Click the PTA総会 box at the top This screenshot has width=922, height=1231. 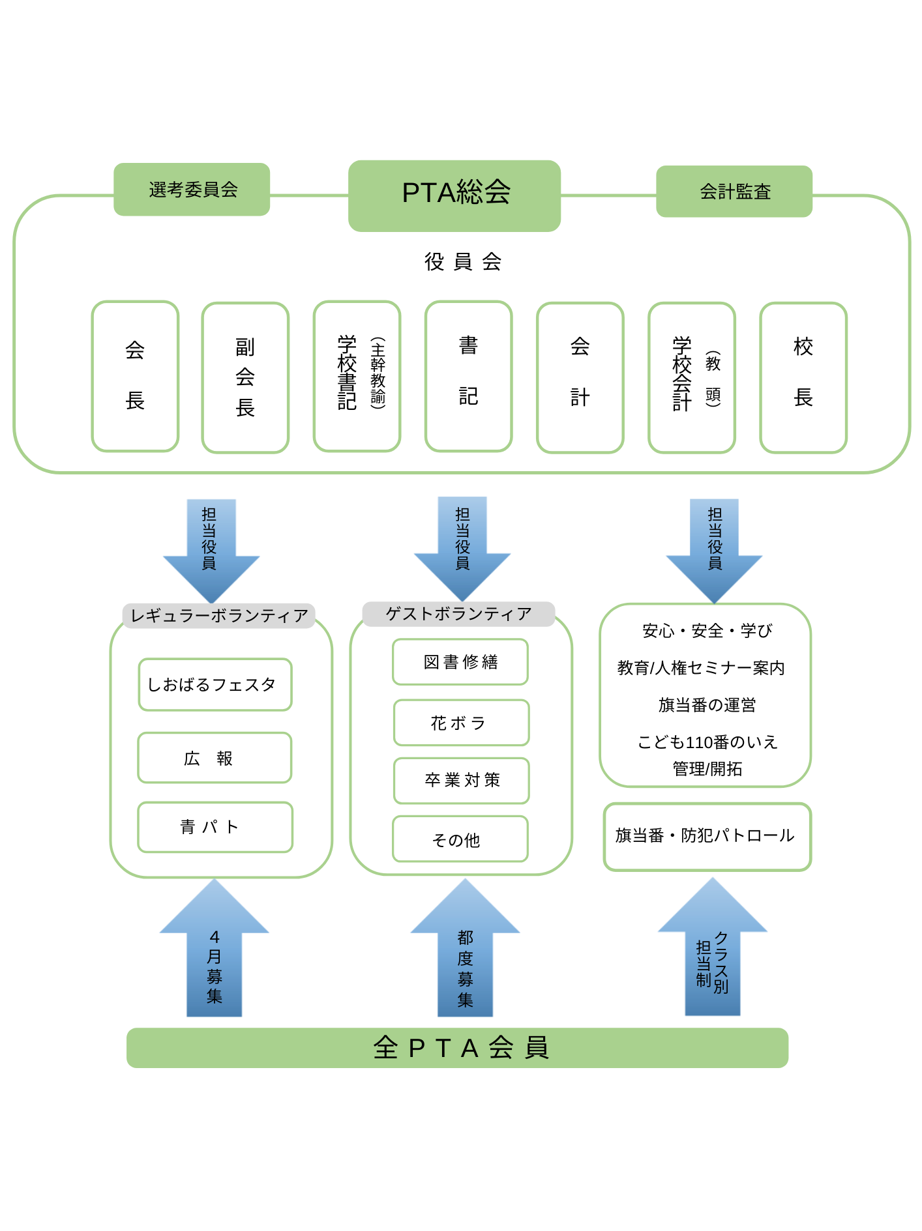click(454, 196)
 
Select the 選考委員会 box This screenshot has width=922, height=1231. click(192, 190)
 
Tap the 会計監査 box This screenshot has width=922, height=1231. click(734, 192)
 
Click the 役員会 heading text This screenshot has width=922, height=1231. click(463, 262)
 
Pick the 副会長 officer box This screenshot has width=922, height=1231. click(245, 377)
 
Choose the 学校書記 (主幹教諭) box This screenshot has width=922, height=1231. click(357, 376)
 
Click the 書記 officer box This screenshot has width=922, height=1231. click(468, 376)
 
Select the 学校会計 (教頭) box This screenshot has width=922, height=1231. click(692, 377)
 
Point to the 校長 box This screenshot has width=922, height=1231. click(803, 377)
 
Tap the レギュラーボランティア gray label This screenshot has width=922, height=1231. click(219, 616)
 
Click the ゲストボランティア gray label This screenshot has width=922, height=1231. click(458, 614)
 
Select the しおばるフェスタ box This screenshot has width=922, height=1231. click(215, 685)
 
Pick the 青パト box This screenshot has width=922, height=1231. click(215, 827)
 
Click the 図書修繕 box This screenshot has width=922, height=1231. click(460, 662)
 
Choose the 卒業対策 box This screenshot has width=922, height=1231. click(462, 781)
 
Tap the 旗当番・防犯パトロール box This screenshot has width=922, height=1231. click(707, 836)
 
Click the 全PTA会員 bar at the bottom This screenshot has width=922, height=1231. click(457, 1048)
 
